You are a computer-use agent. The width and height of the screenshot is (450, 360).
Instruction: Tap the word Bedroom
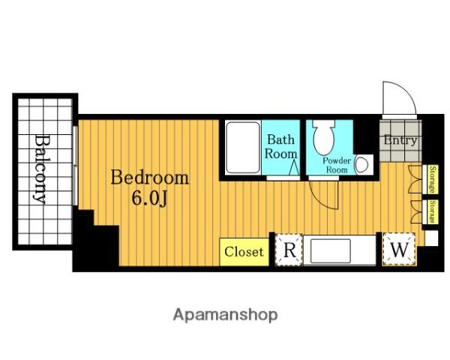click(150, 178)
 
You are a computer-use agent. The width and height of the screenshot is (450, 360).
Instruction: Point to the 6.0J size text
click(149, 198)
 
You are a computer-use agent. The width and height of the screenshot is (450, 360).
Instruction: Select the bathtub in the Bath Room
click(243, 148)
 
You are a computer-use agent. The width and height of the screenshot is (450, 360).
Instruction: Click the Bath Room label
click(280, 147)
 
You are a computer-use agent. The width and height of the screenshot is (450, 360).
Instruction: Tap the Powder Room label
click(337, 165)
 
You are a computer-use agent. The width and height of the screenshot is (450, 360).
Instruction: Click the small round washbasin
click(362, 165)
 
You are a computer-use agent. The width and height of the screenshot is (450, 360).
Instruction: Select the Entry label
click(400, 140)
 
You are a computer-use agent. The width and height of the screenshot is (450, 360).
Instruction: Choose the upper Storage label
click(432, 179)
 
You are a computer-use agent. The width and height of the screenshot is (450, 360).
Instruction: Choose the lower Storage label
click(432, 211)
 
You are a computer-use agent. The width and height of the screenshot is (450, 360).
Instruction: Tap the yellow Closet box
click(244, 252)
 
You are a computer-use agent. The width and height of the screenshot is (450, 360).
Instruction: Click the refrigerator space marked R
click(289, 250)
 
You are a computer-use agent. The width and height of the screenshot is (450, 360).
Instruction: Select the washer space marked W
click(399, 249)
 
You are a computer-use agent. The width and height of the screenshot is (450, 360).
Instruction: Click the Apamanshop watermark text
click(225, 315)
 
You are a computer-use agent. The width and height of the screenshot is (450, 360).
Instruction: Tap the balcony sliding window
click(75, 166)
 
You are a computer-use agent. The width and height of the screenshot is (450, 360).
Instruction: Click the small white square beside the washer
click(432, 238)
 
